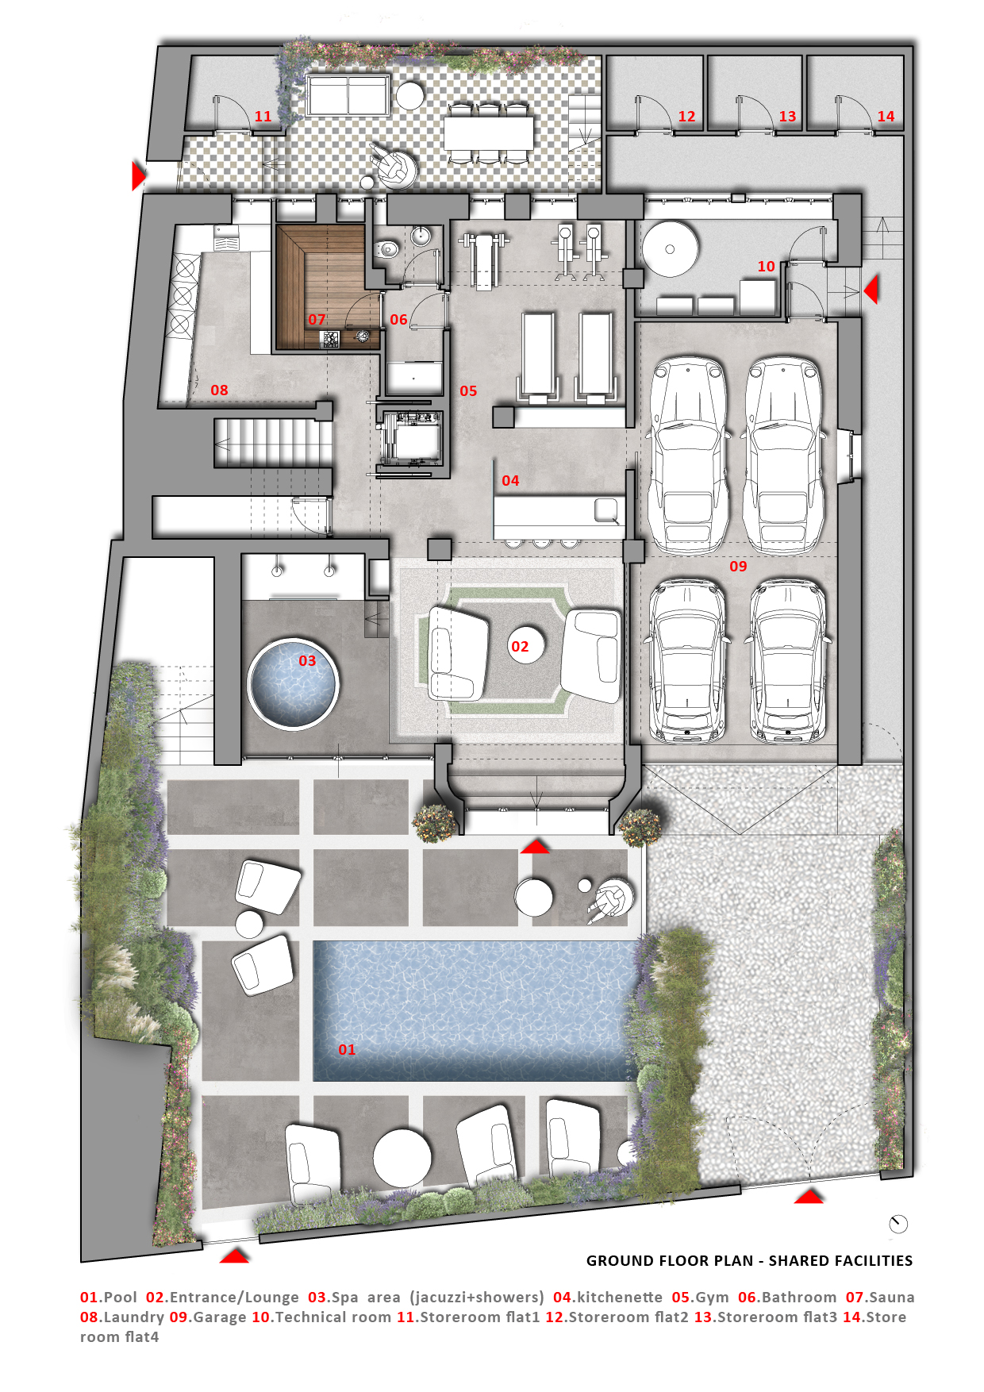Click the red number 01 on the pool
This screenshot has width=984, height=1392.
coord(347,1049)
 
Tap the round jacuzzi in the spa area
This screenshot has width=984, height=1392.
coord(293,683)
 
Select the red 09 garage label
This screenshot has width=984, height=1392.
coord(738,566)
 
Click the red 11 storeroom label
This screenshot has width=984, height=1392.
coord(263,117)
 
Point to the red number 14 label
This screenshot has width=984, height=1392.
coord(886,117)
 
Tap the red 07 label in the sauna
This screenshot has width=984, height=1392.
coord(317,319)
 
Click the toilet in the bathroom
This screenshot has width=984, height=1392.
coord(387,249)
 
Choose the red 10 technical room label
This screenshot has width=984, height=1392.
coord(766,267)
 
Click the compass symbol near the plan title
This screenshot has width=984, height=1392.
coord(898,1224)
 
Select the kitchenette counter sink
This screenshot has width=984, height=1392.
coord(606,510)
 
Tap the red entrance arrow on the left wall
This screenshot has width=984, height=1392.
coord(139,175)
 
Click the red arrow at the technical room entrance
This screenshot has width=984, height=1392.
coord(871,290)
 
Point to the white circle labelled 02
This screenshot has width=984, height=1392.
coord(520,646)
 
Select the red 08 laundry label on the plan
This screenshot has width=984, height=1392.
coord(219,390)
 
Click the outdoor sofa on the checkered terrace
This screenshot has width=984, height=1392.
coord(348,95)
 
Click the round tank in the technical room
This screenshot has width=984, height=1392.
coord(670,248)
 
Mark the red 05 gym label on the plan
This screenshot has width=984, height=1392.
coord(468,390)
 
